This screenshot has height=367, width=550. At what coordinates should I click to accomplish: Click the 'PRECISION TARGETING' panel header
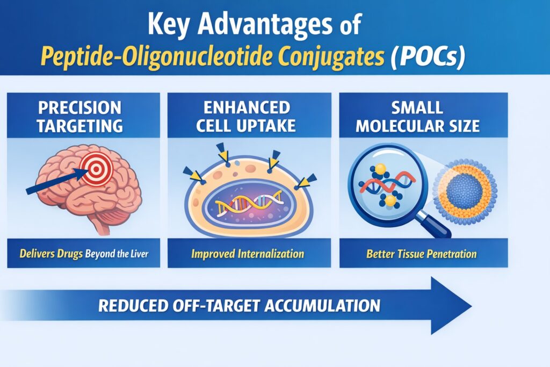point(83,116)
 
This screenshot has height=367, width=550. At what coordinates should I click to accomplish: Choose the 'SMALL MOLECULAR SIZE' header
point(423,116)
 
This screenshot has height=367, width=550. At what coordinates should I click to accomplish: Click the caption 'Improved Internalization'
point(247,253)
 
